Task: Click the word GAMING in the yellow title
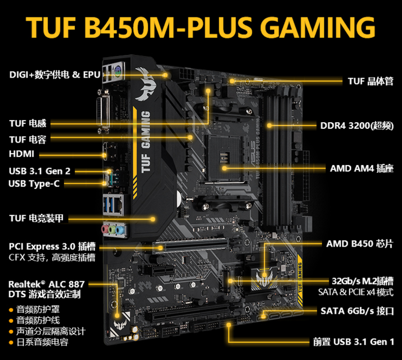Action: [x=318, y=27]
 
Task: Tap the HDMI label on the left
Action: [x=21, y=154]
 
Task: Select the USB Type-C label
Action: [x=34, y=184]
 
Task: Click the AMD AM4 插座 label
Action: [x=361, y=168]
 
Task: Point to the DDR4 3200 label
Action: [x=357, y=126]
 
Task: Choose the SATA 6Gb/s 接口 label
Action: [x=357, y=311]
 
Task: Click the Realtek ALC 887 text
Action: [x=46, y=284]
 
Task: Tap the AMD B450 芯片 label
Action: [x=360, y=244]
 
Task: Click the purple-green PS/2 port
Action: [x=118, y=72]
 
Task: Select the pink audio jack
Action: [x=105, y=229]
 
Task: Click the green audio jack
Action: [x=112, y=230]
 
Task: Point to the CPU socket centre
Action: [x=224, y=157]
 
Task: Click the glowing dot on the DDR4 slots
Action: [x=269, y=126]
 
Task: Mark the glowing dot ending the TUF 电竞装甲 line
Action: [x=153, y=219]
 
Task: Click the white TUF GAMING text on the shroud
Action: [x=145, y=141]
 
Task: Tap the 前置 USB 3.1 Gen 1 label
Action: [x=354, y=342]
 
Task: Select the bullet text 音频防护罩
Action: [x=38, y=309]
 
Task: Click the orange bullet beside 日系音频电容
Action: [x=11, y=342]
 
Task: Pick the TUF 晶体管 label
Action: [x=371, y=81]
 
